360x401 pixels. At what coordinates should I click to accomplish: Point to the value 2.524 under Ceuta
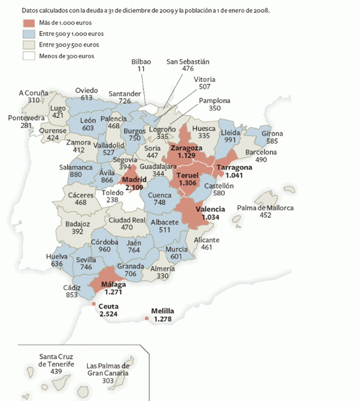[109, 314]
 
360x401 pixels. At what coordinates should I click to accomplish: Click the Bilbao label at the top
[141, 61]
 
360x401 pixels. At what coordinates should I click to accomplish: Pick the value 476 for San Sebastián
[188, 69]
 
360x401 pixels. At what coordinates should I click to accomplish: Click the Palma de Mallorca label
[265, 208]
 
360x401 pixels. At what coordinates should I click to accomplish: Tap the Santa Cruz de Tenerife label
[57, 360]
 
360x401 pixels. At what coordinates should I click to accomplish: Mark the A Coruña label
[34, 93]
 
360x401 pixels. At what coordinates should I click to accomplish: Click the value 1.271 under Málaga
[112, 291]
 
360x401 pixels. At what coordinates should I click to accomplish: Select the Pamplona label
[214, 100]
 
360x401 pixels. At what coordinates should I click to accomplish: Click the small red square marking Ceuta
[94, 304]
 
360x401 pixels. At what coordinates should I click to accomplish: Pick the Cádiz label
[73, 287]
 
